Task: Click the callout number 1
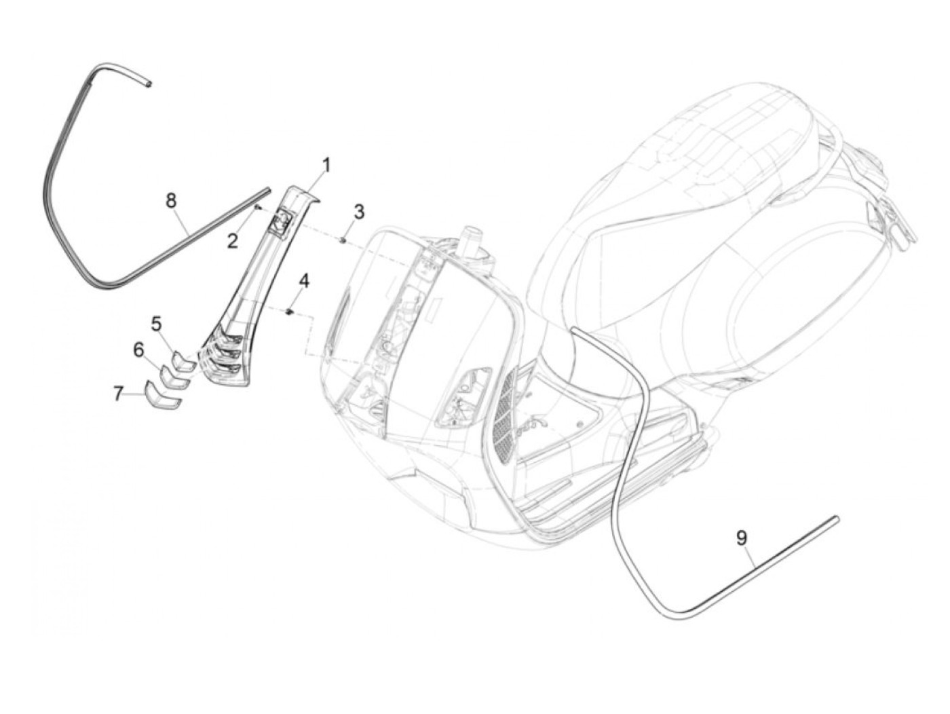(326, 165)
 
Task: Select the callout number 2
(233, 241)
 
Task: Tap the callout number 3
(359, 212)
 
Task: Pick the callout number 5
(157, 324)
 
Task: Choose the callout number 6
(139, 350)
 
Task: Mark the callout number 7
(118, 392)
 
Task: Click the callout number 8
(171, 200)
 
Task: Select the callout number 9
(742, 538)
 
